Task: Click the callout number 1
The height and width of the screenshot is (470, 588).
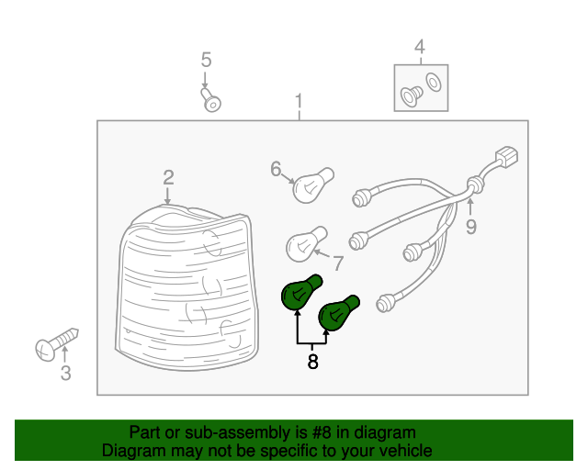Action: [299, 101]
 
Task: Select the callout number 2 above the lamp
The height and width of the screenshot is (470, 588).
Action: [168, 178]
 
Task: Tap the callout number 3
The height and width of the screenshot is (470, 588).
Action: [65, 374]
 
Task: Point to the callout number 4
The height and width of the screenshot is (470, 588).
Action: [420, 47]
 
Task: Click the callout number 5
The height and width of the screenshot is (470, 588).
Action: [206, 60]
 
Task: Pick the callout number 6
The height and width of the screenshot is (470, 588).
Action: [276, 169]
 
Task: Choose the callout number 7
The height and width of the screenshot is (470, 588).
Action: [338, 263]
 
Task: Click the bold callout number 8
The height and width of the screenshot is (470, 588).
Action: [312, 362]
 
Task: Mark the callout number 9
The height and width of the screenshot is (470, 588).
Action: [471, 227]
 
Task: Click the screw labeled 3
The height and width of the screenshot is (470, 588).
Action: [57, 344]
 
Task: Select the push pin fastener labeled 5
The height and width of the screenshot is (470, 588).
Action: [211, 100]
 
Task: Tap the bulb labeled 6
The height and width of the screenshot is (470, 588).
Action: [312, 185]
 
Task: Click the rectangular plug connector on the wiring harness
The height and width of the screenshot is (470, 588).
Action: [506, 157]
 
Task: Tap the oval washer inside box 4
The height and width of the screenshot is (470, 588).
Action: [434, 82]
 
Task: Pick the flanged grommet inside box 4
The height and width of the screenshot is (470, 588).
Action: [412, 96]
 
